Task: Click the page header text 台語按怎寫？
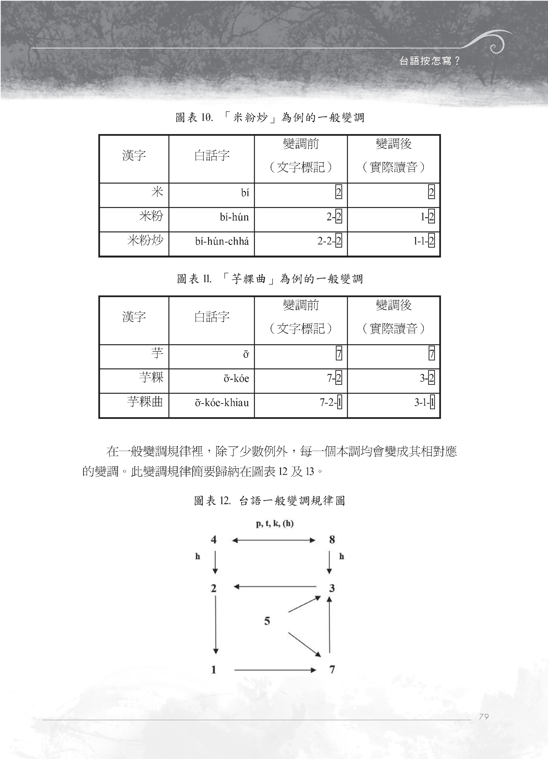point(430,61)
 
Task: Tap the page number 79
point(484,716)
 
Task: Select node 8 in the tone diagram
point(332,539)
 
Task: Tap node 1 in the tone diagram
point(214,670)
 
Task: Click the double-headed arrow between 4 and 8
point(274,540)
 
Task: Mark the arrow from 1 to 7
point(275,670)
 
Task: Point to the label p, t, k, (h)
point(274,524)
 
